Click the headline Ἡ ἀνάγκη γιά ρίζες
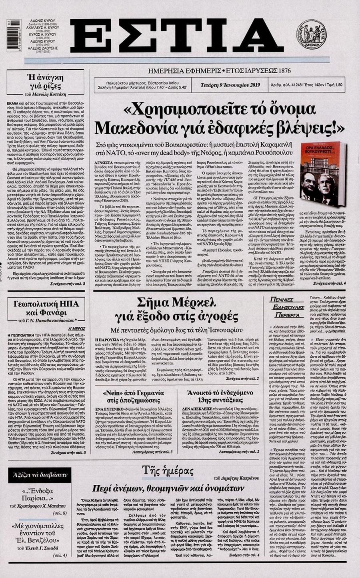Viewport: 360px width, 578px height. click(44, 82)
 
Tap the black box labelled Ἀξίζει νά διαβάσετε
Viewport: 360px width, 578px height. click(40, 475)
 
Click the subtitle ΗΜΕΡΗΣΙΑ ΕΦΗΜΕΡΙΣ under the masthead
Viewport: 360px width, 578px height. click(181, 70)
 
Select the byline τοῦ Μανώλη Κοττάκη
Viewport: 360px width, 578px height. click(44, 95)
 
